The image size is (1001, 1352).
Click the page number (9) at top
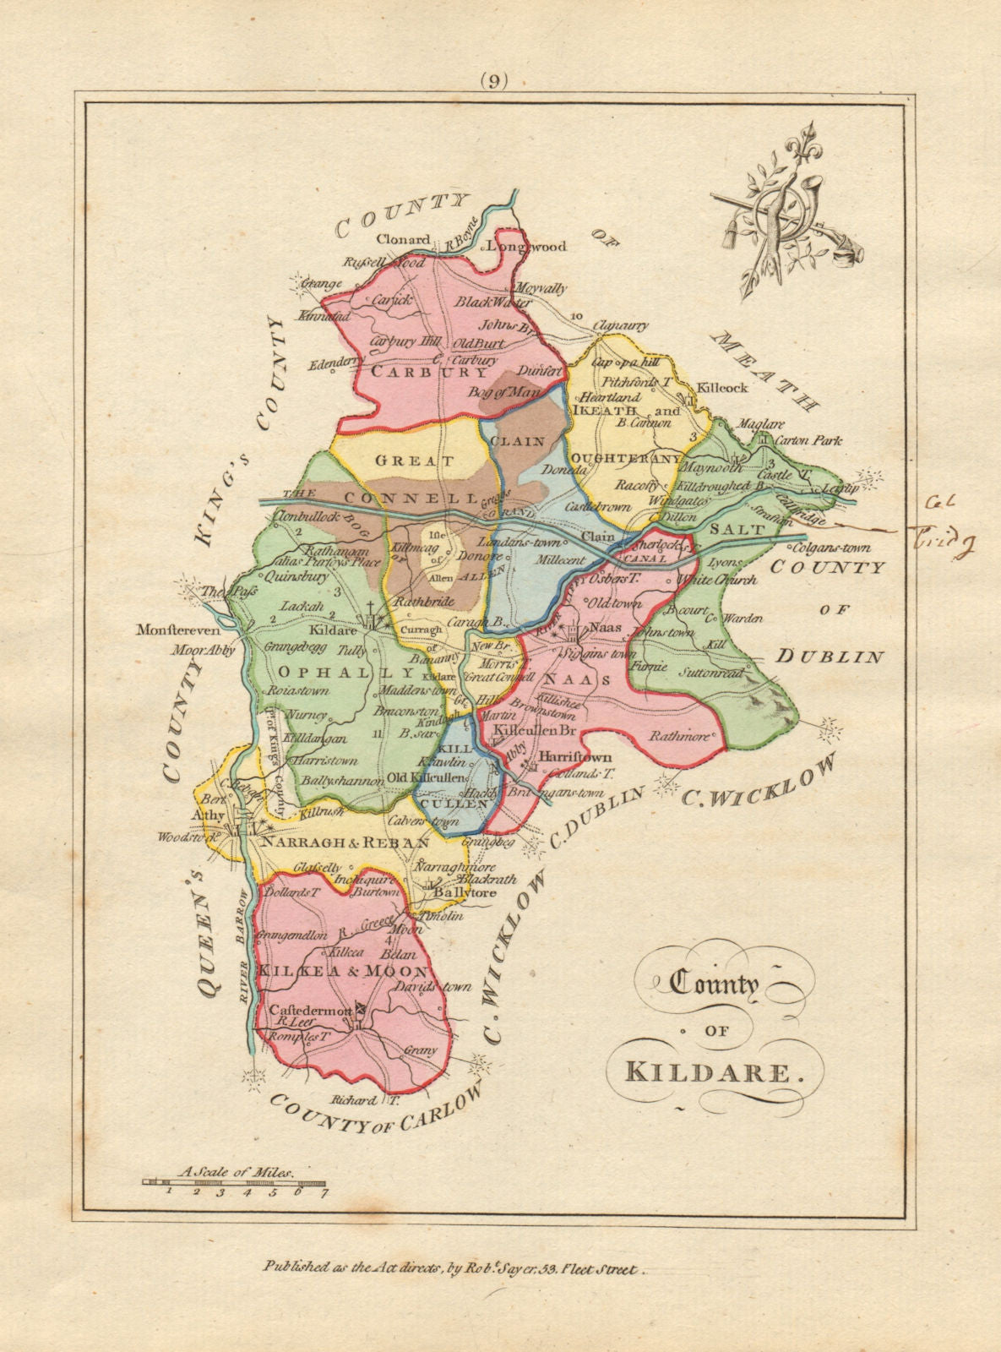pos(494,81)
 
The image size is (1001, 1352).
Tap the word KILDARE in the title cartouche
pos(710,1071)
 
